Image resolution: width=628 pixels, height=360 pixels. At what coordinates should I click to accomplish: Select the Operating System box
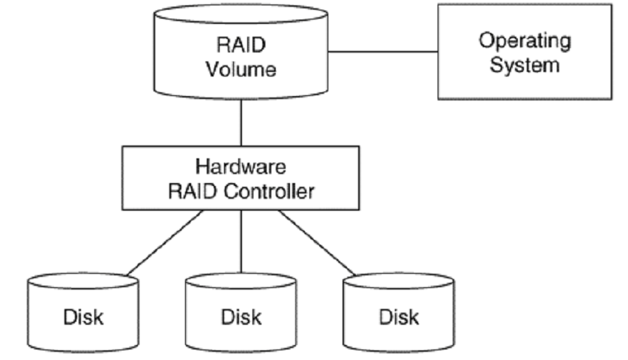pyautogui.click(x=524, y=52)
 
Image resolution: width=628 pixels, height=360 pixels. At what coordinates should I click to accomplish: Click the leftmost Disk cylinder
pyautogui.click(x=82, y=311)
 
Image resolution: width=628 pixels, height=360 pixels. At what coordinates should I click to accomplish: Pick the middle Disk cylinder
pyautogui.click(x=241, y=311)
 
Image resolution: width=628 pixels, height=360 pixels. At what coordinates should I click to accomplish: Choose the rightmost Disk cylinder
pyautogui.click(x=399, y=311)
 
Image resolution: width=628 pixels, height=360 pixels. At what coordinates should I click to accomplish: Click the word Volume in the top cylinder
pyautogui.click(x=241, y=70)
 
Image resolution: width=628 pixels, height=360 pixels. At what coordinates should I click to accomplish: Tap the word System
pyautogui.click(x=524, y=64)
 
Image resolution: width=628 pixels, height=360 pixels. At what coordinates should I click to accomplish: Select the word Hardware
pyautogui.click(x=241, y=166)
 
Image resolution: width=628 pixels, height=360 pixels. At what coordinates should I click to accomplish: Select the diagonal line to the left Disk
pyautogui.click(x=160, y=243)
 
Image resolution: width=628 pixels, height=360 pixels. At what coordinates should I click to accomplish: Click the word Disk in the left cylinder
pyautogui.click(x=82, y=316)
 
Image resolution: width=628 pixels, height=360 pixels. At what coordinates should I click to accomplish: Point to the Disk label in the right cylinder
pyautogui.click(x=399, y=316)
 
